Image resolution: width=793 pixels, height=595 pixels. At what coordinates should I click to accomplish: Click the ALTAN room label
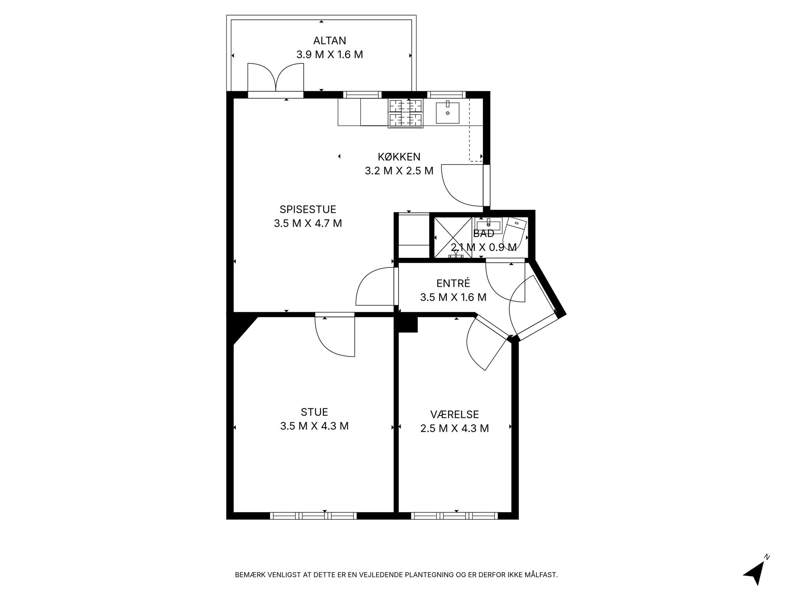pos(329,40)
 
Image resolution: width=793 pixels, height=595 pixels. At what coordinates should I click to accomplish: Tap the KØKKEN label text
pos(399,157)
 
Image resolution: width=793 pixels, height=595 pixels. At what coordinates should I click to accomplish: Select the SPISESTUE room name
pos(308,209)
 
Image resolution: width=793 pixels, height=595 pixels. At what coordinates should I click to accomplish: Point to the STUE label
pos(314,412)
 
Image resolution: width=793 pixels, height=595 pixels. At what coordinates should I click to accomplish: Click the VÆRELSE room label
pos(454,414)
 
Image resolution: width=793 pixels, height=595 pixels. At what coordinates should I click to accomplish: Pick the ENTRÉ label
pos(453,283)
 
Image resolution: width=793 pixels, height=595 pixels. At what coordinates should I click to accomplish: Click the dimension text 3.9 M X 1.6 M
pos(329,54)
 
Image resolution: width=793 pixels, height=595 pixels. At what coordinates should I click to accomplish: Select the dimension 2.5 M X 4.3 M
pos(454,428)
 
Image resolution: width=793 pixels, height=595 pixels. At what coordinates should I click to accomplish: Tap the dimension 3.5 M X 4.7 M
pos(308,223)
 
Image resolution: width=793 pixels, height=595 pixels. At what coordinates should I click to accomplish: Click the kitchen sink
pos(447,112)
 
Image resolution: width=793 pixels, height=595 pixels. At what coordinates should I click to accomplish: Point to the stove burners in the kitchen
pos(406,114)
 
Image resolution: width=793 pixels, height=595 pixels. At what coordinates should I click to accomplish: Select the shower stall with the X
pos(453,238)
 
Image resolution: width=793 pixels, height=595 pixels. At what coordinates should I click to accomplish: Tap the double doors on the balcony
pos(276,78)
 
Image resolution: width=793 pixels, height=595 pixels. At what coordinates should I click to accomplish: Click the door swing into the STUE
pos(335,336)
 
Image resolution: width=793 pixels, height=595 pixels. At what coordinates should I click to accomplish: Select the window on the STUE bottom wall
pos(313,516)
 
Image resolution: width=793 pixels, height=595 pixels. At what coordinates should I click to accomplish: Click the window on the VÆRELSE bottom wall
pos(454,516)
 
